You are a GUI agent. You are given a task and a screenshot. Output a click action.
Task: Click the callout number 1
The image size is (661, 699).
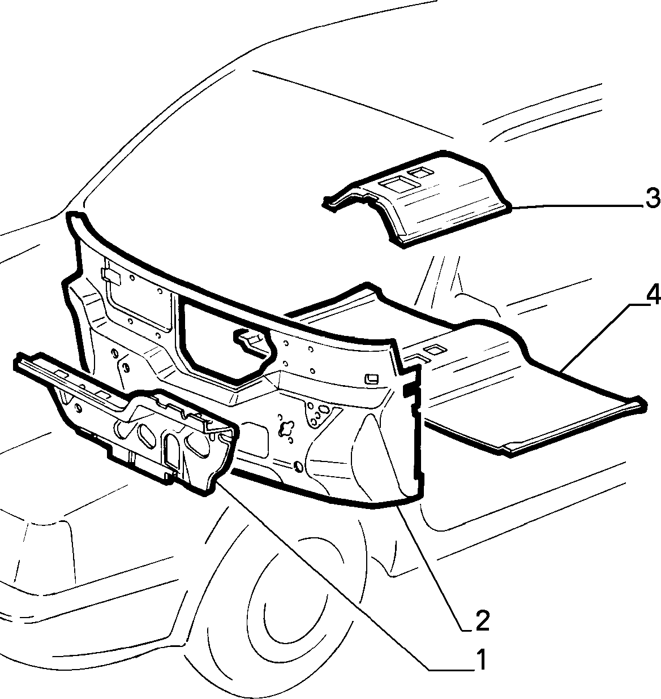(481, 660)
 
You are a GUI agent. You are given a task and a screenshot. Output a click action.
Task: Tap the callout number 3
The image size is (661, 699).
(652, 198)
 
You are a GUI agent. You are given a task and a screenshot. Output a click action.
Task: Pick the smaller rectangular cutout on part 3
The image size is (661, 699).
(420, 172)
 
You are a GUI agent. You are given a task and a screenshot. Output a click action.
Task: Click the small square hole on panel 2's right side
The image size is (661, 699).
(372, 379)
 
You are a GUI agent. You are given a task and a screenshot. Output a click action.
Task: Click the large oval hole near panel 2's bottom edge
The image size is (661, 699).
(298, 467)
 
